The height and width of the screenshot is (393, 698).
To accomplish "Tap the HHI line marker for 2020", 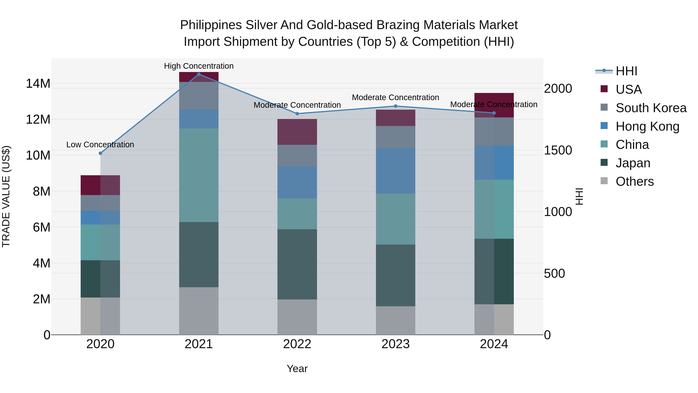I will click(x=100, y=153).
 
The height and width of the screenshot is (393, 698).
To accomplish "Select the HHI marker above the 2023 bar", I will click(x=395, y=106).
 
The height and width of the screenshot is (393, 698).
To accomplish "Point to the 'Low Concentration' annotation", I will click(x=100, y=145).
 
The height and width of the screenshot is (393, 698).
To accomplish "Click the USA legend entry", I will click(x=628, y=89).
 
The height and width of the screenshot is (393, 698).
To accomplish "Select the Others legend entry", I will click(x=634, y=181).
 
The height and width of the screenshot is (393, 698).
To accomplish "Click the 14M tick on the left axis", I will click(x=38, y=83).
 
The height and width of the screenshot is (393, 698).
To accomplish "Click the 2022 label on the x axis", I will click(x=297, y=344).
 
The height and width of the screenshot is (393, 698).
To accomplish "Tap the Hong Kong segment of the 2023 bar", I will click(x=395, y=171).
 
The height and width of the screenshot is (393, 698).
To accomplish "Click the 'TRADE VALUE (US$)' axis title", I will click(x=6, y=196).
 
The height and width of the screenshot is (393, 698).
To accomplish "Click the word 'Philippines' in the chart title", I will click(x=211, y=25).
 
